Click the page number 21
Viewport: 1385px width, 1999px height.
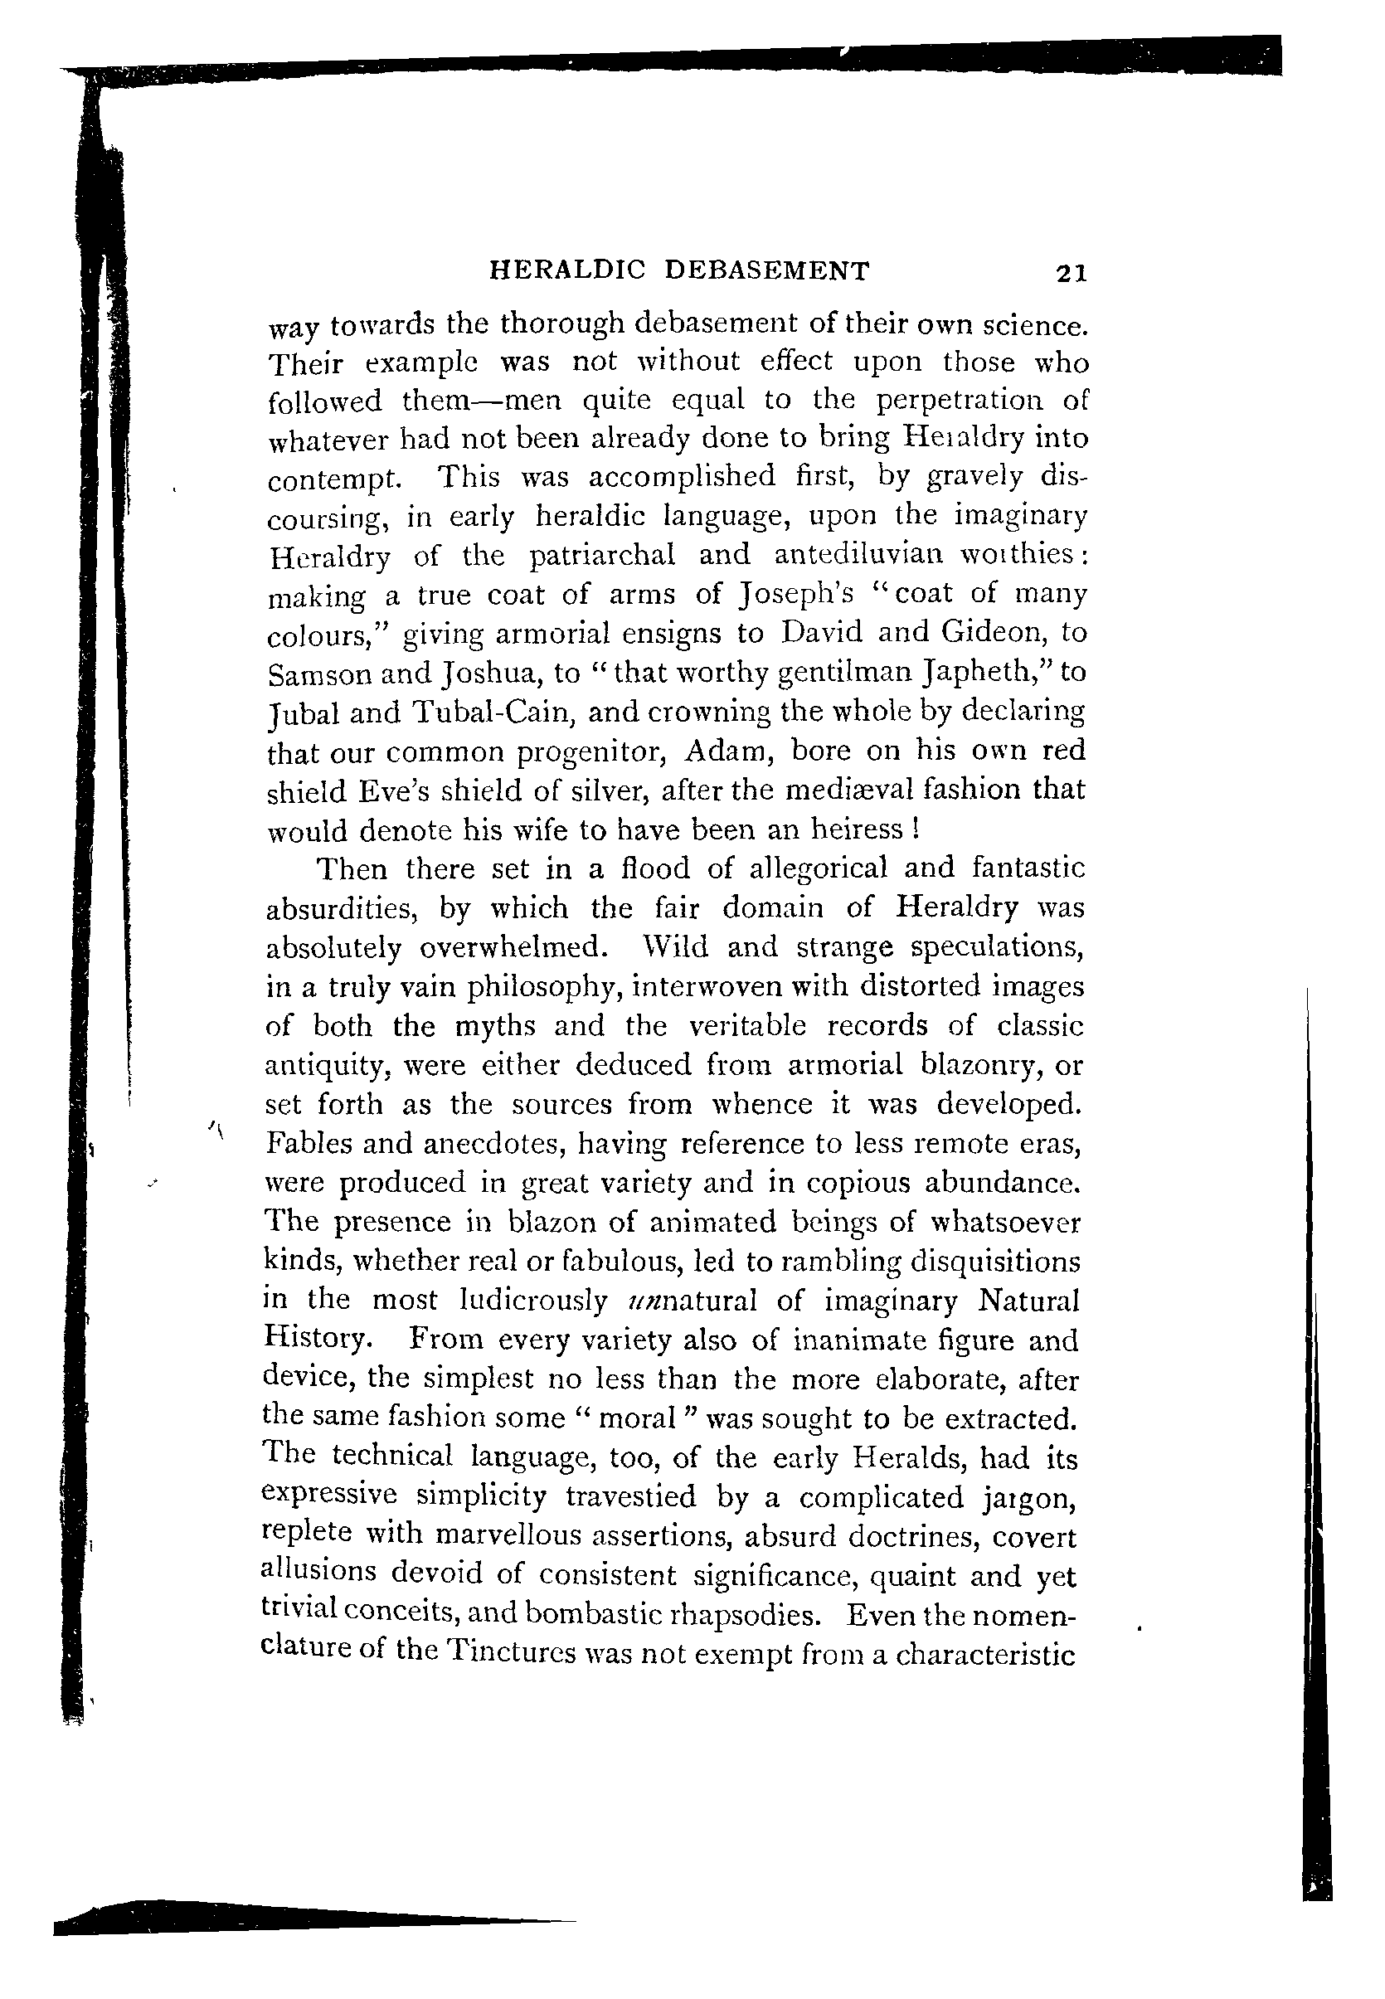click(x=1071, y=274)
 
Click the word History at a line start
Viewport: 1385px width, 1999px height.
click(x=318, y=1339)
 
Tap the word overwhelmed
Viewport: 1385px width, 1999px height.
click(x=520, y=947)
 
